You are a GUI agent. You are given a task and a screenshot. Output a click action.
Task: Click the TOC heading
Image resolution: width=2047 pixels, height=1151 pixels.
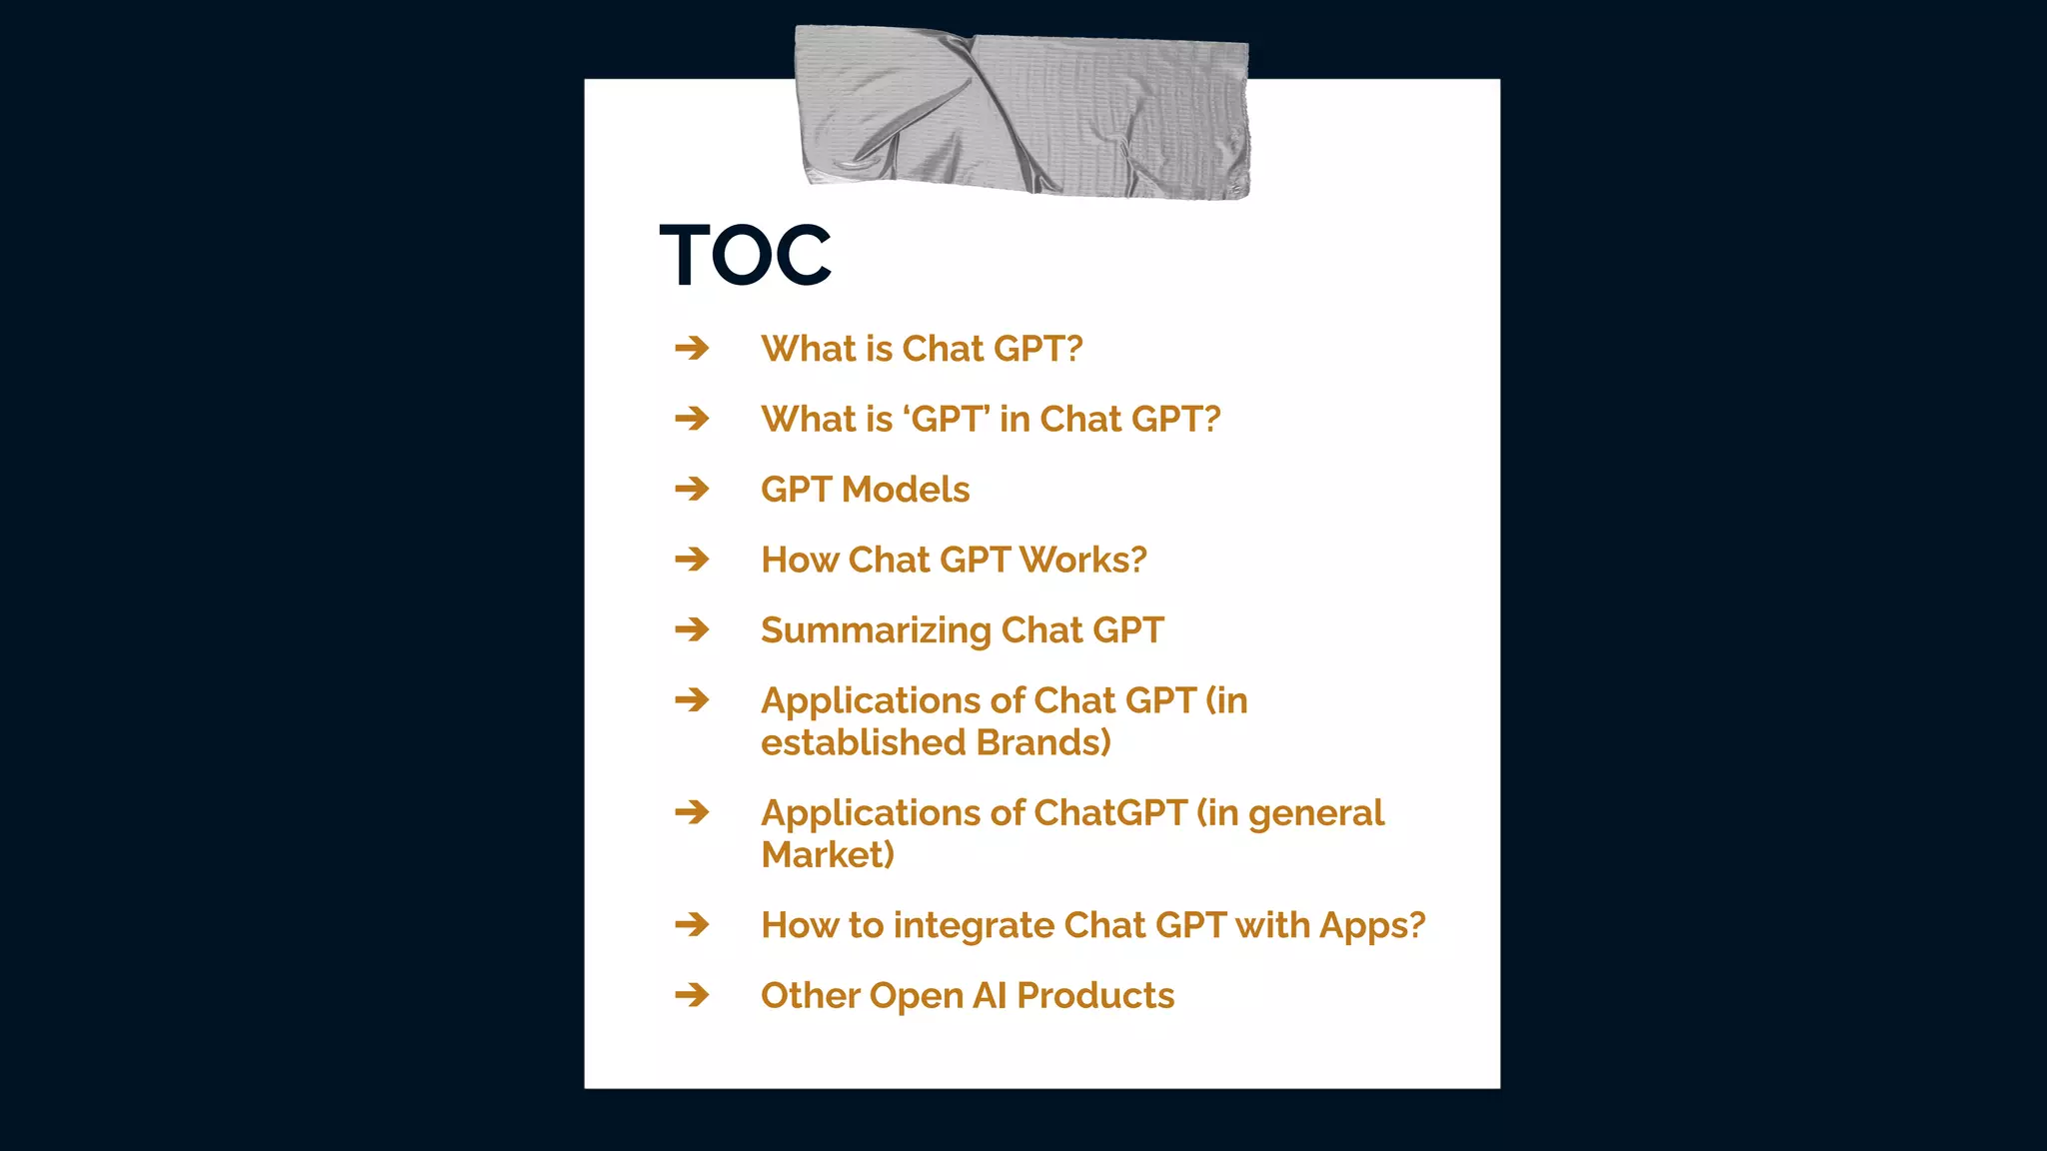[x=745, y=255]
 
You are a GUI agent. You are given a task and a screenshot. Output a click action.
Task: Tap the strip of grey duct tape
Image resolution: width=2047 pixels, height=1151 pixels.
[x=1022, y=112]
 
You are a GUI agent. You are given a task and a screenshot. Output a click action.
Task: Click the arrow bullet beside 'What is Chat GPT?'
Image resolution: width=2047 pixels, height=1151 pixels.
[x=692, y=349]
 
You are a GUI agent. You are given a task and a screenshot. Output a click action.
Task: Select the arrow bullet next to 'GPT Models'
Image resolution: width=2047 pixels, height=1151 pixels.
[x=692, y=490]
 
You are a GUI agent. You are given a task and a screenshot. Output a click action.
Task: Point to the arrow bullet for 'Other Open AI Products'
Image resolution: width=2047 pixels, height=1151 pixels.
[x=692, y=996]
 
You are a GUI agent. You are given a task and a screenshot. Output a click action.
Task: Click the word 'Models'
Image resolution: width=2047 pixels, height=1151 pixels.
[x=906, y=490]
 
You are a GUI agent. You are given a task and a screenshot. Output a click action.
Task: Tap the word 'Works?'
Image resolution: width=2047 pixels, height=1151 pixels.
[x=1082, y=560]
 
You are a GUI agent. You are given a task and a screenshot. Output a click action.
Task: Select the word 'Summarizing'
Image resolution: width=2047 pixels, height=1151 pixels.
[x=876, y=631]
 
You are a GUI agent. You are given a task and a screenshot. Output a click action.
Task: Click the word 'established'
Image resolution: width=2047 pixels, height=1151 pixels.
[x=864, y=743]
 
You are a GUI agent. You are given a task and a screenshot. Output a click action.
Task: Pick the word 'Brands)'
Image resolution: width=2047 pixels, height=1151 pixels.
[x=1043, y=743]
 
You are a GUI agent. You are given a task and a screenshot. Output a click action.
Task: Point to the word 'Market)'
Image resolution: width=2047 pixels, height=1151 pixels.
[x=828, y=855]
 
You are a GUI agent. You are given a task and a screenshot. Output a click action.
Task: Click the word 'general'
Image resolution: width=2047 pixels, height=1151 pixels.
[x=1316, y=814]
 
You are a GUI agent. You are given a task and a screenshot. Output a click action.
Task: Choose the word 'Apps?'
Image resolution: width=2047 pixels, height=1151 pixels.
[x=1372, y=926]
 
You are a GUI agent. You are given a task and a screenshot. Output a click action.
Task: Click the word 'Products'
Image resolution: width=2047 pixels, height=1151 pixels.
[x=1095, y=996]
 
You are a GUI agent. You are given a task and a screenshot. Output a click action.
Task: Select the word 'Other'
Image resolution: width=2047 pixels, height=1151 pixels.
[x=811, y=996]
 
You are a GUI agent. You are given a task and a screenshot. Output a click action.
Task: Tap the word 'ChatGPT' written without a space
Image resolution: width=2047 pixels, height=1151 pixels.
[x=1110, y=813]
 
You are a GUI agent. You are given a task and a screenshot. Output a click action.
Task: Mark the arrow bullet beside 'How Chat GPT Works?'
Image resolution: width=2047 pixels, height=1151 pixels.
[x=692, y=560]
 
